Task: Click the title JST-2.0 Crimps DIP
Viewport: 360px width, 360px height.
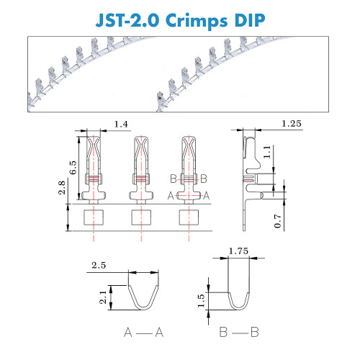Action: (x=180, y=20)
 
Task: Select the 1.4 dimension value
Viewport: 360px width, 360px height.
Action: (x=121, y=125)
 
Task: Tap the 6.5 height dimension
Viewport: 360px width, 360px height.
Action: (x=73, y=168)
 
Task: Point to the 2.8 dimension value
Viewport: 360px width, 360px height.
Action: (x=62, y=188)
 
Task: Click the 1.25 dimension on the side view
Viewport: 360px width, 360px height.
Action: (x=292, y=124)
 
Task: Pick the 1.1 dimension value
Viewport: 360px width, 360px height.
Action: (x=267, y=152)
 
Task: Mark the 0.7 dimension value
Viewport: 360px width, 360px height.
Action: (x=277, y=221)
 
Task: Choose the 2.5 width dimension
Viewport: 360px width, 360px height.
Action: (x=99, y=266)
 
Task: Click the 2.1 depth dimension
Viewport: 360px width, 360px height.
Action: (x=103, y=297)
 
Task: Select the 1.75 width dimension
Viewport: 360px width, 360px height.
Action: (x=238, y=251)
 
